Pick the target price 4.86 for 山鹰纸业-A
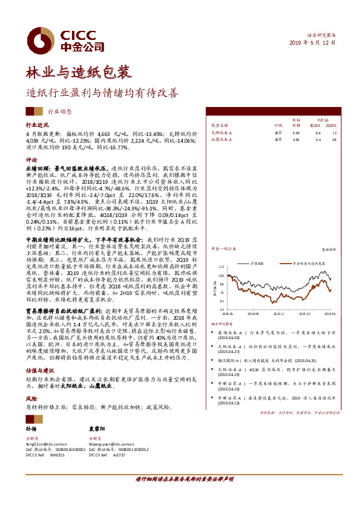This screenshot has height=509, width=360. coord(295,139)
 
